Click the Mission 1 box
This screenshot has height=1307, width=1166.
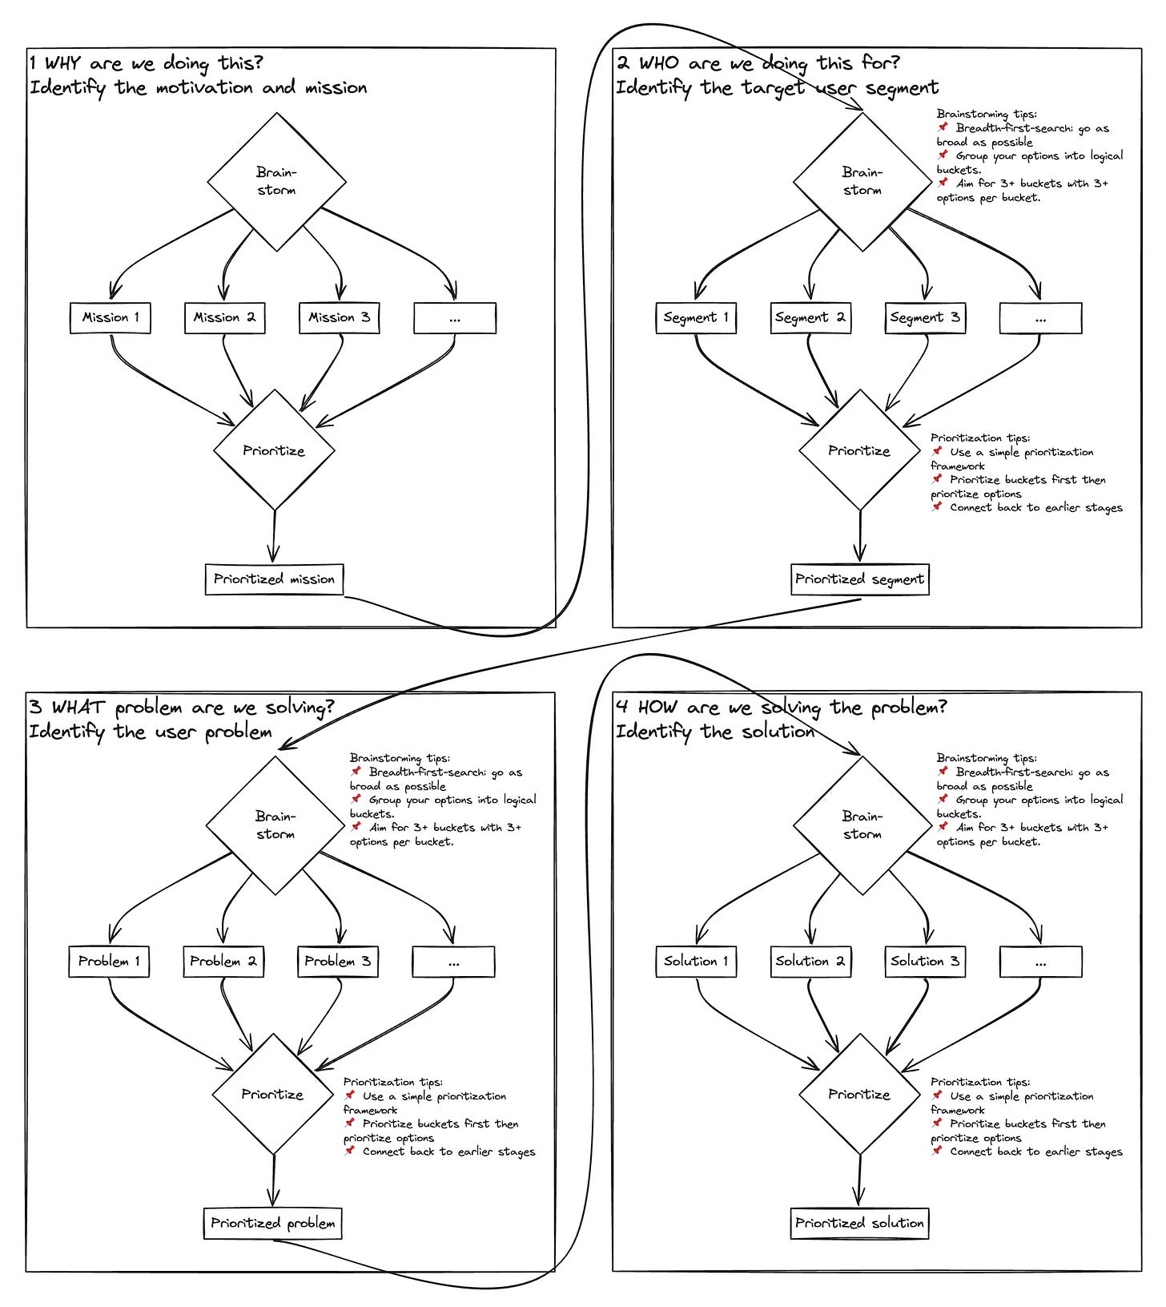pos(111,317)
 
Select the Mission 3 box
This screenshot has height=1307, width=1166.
pos(339,317)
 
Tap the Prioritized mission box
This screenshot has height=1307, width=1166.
pos(274,579)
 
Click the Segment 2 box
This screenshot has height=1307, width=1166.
pos(810,317)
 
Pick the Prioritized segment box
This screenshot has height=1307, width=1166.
pos(859,579)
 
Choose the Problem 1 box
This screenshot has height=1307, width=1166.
pos(109,962)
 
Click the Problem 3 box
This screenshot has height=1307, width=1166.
pos(337,962)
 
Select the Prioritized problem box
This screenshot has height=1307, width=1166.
pos(272,1224)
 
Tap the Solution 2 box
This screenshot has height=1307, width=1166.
pos(810,962)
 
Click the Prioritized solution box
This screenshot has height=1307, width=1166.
pos(859,1224)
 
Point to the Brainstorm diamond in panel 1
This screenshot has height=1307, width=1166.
pos(276,182)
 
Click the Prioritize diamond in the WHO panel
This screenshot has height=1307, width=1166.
pos(859,450)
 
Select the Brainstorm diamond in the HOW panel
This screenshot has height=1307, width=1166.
pos(862,825)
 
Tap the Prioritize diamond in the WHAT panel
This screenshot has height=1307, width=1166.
pos(272,1095)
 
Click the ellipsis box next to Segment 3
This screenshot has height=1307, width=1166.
pos(1040,318)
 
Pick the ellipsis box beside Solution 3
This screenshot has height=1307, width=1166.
pos(1040,962)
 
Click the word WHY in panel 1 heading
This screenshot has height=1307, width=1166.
pos(62,63)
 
